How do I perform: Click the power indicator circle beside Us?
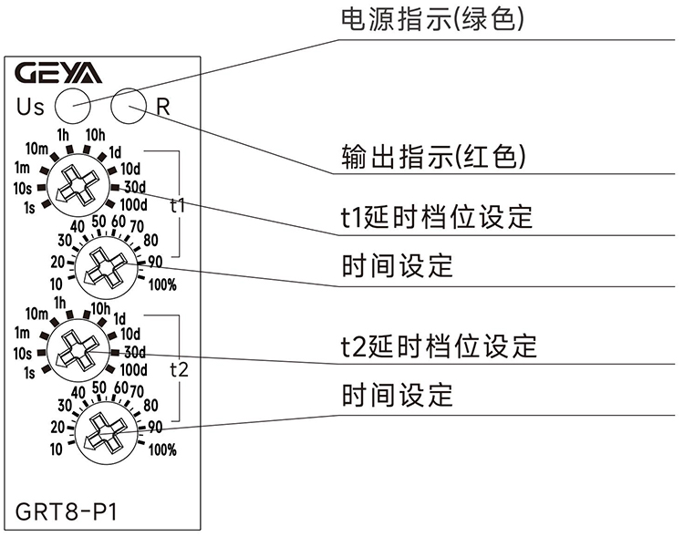point(72,106)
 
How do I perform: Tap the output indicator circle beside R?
point(128,106)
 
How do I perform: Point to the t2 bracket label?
point(179,369)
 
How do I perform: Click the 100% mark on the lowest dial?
point(162,449)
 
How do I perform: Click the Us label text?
point(30,107)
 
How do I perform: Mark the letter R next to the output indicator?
point(163,106)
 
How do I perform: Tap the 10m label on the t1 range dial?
point(36,149)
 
